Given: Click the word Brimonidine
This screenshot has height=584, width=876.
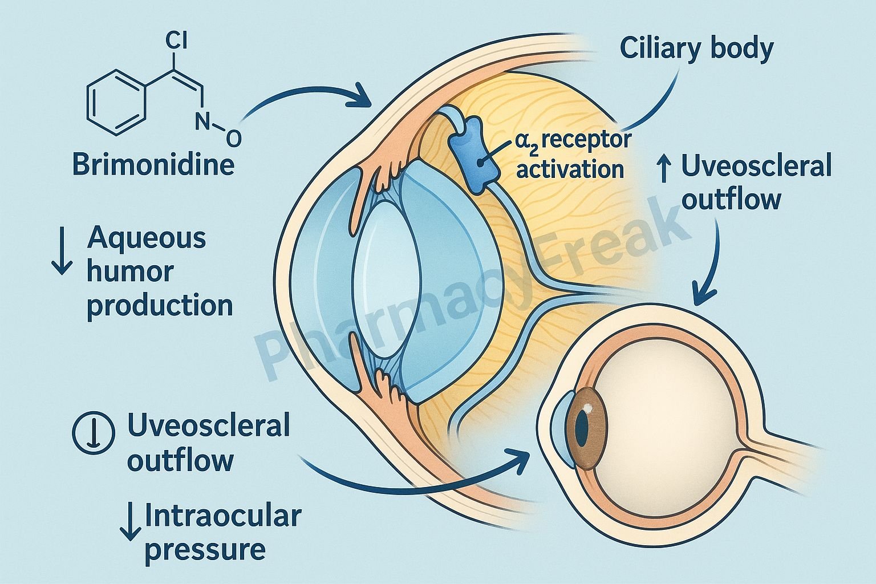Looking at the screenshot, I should point(153,164).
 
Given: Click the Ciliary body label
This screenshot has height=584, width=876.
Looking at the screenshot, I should point(696,50).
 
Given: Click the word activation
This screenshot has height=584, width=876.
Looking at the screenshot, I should point(570,169).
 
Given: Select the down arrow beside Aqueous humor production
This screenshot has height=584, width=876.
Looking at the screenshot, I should point(61,258).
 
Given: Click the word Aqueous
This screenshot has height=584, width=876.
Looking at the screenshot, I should point(147,238).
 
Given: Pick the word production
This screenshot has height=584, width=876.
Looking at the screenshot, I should point(160,306).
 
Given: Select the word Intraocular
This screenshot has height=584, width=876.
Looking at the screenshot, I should point(223,516).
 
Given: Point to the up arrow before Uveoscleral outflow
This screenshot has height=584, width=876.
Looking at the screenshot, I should point(663,168).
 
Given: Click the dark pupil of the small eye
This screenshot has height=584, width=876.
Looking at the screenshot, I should point(581,428).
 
